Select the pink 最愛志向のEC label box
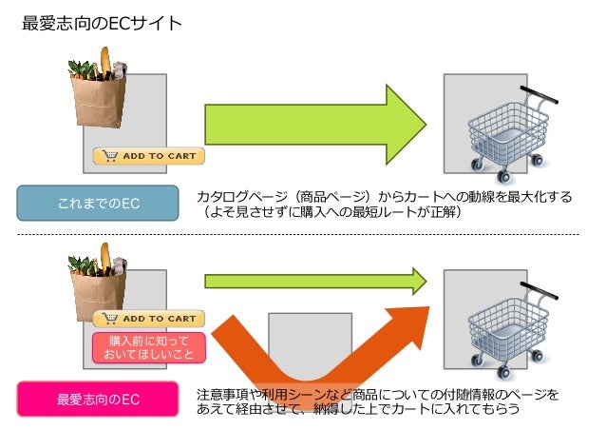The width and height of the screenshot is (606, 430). pos(98,400)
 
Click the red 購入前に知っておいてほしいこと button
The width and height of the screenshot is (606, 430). pos(149,346)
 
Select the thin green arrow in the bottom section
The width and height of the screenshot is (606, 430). pos(313,281)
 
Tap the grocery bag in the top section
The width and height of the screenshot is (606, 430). pos(99,93)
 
